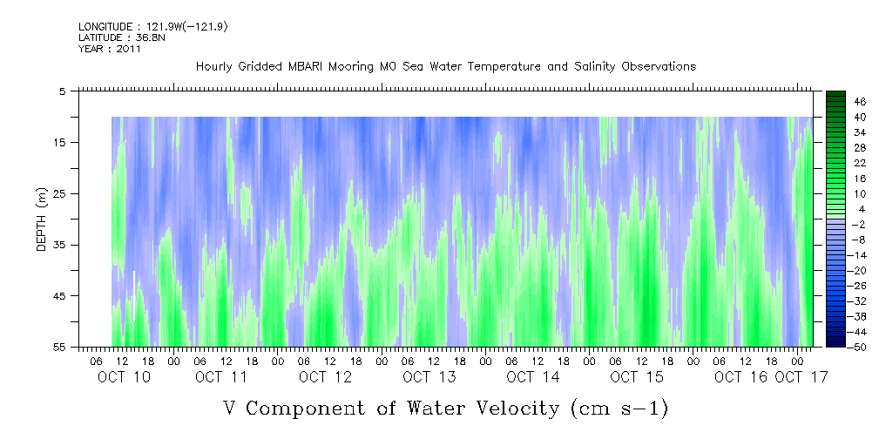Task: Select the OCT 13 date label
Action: [x=428, y=376]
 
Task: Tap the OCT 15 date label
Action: [x=636, y=376]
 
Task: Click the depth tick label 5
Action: [x=63, y=91]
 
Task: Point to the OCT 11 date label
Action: [x=221, y=376]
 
